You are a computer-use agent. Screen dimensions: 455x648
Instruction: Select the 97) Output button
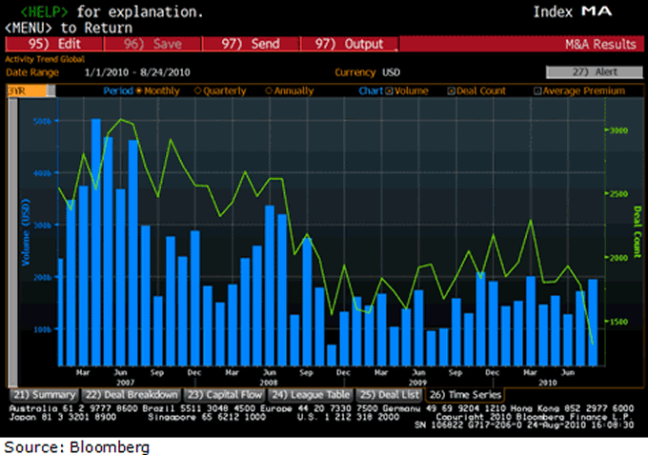click(353, 44)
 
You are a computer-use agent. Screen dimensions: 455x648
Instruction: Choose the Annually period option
click(294, 90)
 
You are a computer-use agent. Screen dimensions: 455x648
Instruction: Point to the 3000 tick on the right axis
click(619, 130)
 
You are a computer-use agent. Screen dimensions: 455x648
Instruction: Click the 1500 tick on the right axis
click(619, 323)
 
